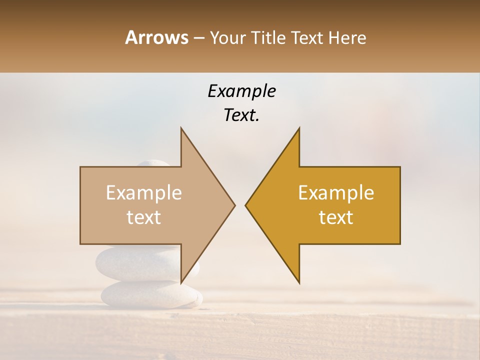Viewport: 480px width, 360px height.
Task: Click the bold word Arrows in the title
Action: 157,37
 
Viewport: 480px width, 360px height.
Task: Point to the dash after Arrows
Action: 199,38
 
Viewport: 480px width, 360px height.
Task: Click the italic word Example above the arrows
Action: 241,91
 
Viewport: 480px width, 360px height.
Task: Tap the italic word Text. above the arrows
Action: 241,115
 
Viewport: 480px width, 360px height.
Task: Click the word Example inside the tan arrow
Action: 144,193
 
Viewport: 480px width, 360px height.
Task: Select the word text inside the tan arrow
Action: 144,217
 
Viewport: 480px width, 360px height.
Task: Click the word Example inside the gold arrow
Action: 336,193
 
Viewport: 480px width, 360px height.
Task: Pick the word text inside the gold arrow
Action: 336,217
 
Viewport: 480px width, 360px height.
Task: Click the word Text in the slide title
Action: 308,37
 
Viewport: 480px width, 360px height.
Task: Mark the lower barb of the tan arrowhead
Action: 182,280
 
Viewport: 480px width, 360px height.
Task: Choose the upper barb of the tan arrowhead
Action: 182,131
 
